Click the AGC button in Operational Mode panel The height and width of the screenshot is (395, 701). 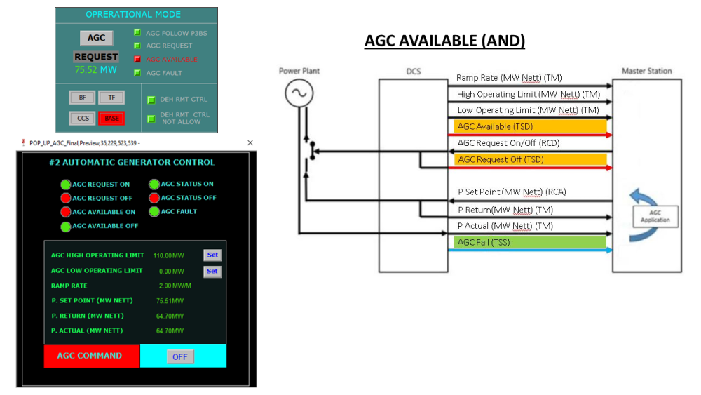[x=96, y=38]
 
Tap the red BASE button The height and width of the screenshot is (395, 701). [x=111, y=119]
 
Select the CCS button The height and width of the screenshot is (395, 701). [x=82, y=119]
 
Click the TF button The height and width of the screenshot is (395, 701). [x=111, y=98]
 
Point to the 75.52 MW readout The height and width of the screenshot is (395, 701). [x=96, y=69]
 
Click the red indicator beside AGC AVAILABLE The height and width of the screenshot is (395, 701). [x=137, y=60]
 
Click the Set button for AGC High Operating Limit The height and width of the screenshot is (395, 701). [x=212, y=255]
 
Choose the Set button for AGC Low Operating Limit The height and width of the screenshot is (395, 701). [x=212, y=271]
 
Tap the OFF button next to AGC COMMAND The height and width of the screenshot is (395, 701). [x=180, y=356]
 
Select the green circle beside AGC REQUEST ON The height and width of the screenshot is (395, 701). [x=66, y=185]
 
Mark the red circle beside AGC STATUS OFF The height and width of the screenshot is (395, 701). [x=154, y=198]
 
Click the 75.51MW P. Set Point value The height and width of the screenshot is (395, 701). [x=170, y=301]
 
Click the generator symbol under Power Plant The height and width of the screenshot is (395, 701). [x=298, y=93]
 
